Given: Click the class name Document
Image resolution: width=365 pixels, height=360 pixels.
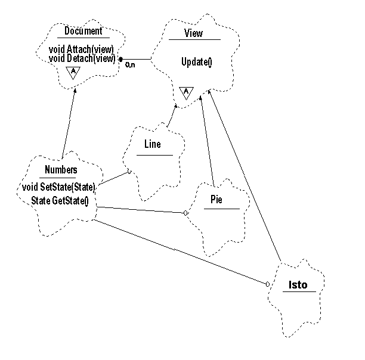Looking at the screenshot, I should (83, 31).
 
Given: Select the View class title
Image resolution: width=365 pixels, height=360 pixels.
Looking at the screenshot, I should (194, 33).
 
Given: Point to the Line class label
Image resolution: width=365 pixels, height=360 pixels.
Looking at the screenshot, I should (153, 144).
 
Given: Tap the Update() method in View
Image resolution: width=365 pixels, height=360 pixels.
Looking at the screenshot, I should (196, 61).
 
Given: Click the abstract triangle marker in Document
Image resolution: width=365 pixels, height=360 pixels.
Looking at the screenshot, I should (73, 72).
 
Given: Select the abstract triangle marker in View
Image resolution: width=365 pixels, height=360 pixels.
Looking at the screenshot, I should (186, 92).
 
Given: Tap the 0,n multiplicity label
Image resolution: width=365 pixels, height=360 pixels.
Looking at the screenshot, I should (129, 65).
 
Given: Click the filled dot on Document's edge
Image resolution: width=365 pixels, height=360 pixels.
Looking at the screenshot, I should (121, 60).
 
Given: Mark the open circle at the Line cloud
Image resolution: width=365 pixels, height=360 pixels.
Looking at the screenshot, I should (128, 172).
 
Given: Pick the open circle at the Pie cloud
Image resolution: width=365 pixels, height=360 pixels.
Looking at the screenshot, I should (185, 212).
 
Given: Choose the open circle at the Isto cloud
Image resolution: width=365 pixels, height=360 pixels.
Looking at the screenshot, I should (267, 284).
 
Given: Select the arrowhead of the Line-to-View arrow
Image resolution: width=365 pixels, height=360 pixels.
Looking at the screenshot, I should (176, 106).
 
